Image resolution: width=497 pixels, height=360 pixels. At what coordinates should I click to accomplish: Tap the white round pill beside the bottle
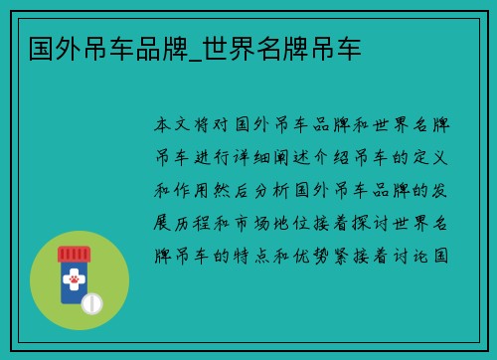[x=91, y=302]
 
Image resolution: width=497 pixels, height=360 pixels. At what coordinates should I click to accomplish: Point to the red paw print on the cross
[x=73, y=280]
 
